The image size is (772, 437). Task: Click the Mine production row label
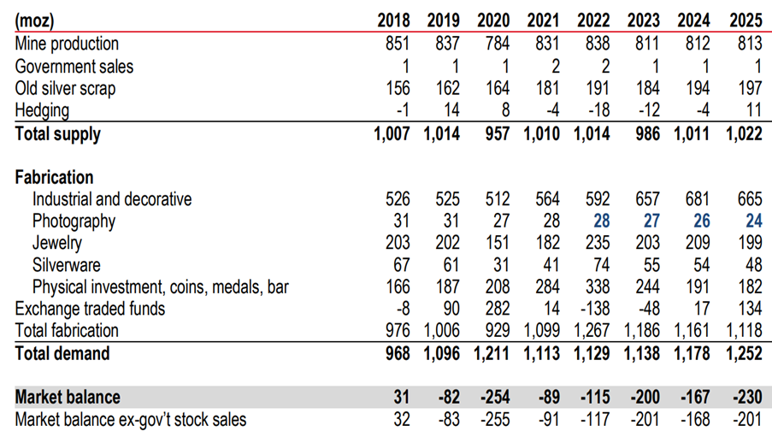pyautogui.click(x=68, y=44)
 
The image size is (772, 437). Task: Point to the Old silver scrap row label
pyautogui.click(x=66, y=88)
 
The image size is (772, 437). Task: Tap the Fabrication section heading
pyautogui.click(x=55, y=177)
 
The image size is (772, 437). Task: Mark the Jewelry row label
pyautogui.click(x=56, y=243)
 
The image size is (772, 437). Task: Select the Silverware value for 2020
pyautogui.click(x=501, y=265)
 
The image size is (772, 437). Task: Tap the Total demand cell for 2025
pyautogui.click(x=743, y=352)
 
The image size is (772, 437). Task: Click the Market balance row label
pyautogui.click(x=68, y=397)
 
